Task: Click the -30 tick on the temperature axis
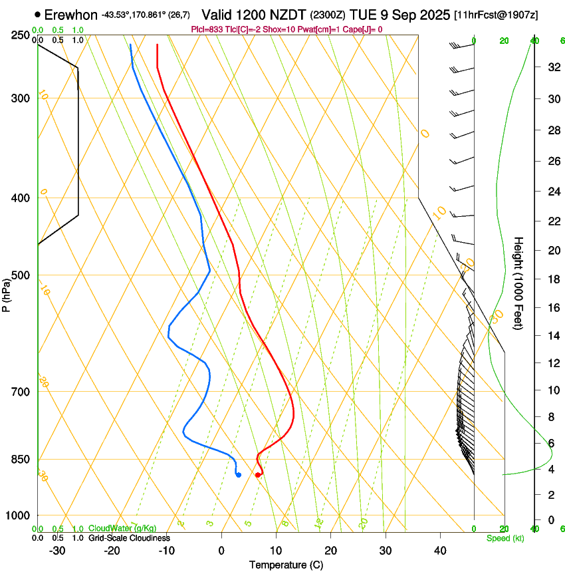click(57, 551)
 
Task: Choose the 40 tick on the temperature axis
click(440, 551)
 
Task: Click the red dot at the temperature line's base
click(258, 474)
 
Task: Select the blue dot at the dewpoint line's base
click(238, 474)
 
